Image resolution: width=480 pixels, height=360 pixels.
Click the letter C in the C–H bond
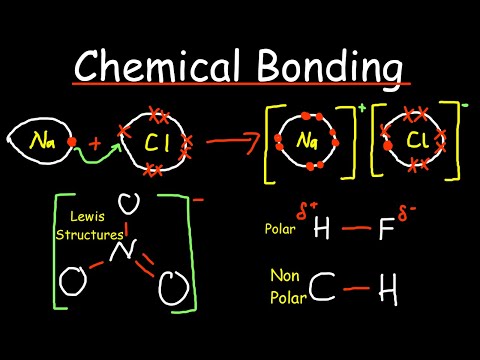[x=320, y=292]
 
